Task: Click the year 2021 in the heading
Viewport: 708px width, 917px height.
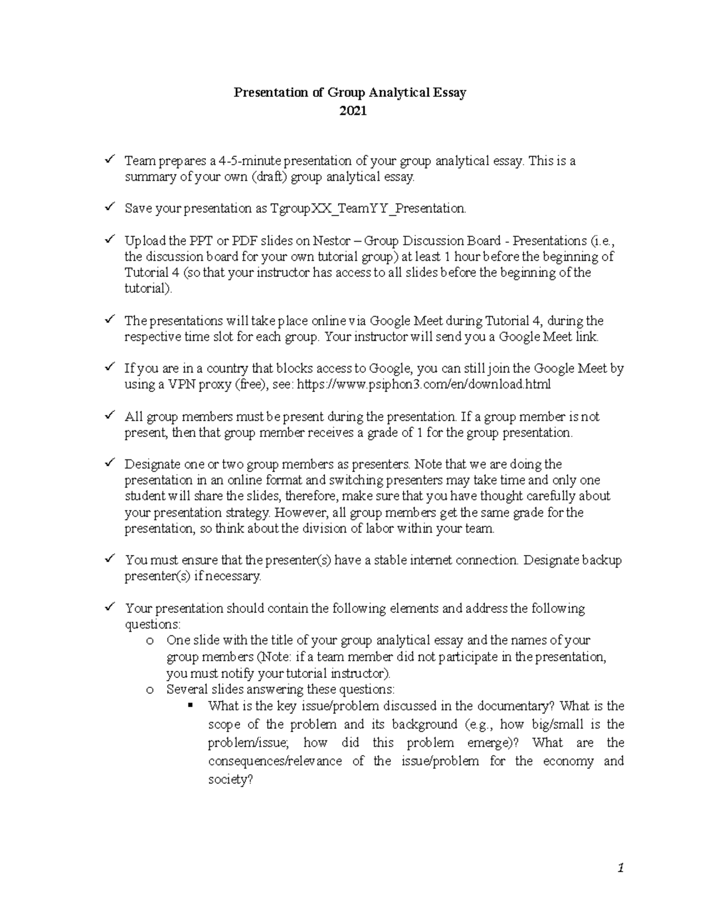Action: [352, 110]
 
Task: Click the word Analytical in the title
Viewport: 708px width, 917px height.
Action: [399, 93]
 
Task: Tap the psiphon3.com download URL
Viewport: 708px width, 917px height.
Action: [423, 385]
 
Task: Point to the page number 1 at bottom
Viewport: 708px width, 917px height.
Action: [620, 868]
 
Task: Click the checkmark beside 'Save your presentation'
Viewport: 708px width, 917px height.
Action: [109, 207]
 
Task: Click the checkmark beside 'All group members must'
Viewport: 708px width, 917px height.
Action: [109, 416]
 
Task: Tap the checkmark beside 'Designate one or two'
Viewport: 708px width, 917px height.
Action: [109, 464]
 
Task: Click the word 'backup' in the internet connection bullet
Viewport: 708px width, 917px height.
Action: [602, 560]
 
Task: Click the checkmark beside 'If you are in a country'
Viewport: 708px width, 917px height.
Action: [109, 368]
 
